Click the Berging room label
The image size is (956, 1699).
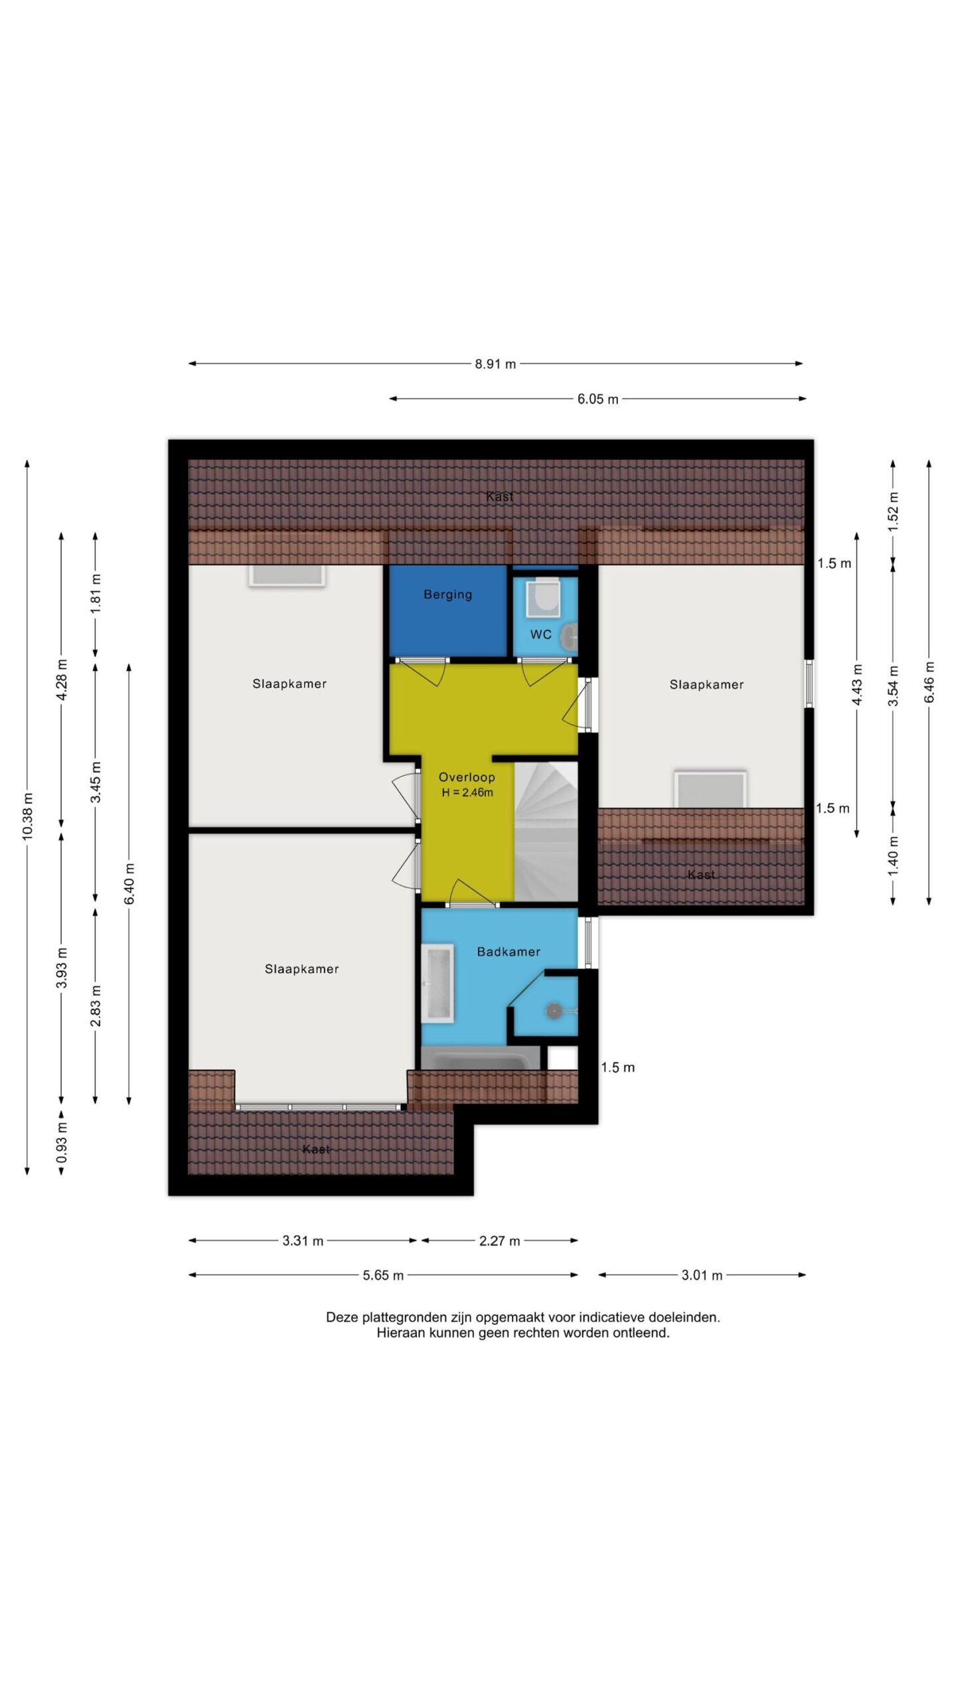coord(448,595)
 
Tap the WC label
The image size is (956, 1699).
coord(540,634)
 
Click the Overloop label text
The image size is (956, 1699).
coord(467,777)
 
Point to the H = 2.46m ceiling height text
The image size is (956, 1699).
coord(467,792)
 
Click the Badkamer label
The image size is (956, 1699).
coord(509,952)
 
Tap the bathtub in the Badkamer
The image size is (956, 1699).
coord(438,983)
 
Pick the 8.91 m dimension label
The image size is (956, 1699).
coord(495,364)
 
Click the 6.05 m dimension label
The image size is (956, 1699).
coord(597,399)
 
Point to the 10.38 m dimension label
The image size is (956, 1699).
coord(27,816)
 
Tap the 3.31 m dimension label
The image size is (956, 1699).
coord(303,1240)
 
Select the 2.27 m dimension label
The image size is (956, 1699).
coord(500,1240)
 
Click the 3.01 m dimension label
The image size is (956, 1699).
coord(702,1275)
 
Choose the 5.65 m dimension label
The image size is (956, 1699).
coord(383,1275)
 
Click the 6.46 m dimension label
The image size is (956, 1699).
coord(929,682)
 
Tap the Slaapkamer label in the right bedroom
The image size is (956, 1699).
coord(706,685)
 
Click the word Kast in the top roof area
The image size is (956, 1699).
coord(499,496)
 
